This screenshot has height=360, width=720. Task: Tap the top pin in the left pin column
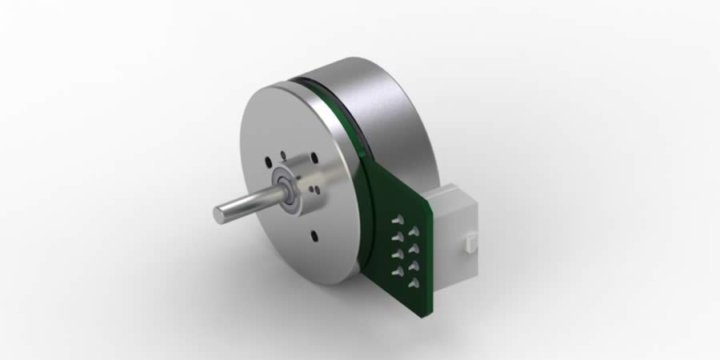coord(398,219)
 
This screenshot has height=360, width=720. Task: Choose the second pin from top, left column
coord(397,237)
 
